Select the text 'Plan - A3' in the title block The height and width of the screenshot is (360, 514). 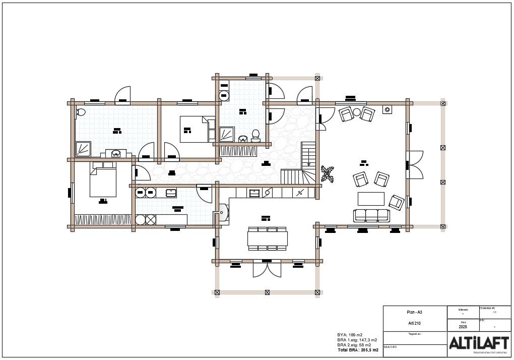coord(415,312)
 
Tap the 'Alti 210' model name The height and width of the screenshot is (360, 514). coord(415,323)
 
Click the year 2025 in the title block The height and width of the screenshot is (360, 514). coord(463,326)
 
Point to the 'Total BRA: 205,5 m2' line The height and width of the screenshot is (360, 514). coord(358,349)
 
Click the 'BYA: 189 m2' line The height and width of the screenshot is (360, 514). coord(350,335)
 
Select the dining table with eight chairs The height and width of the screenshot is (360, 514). coord(267,238)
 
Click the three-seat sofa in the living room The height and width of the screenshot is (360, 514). coord(372,215)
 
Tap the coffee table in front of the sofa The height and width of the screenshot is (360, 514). coord(371,199)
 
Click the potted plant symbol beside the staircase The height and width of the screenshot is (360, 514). coord(327,174)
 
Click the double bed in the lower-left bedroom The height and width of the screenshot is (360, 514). coord(103,182)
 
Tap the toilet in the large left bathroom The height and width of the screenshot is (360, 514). coord(81,112)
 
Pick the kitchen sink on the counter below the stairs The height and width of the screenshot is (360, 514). coord(254,192)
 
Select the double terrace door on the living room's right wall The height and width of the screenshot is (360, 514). coord(414,164)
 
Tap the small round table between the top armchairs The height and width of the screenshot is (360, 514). coord(357,112)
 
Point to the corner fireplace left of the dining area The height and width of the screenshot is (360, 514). coord(222,214)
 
